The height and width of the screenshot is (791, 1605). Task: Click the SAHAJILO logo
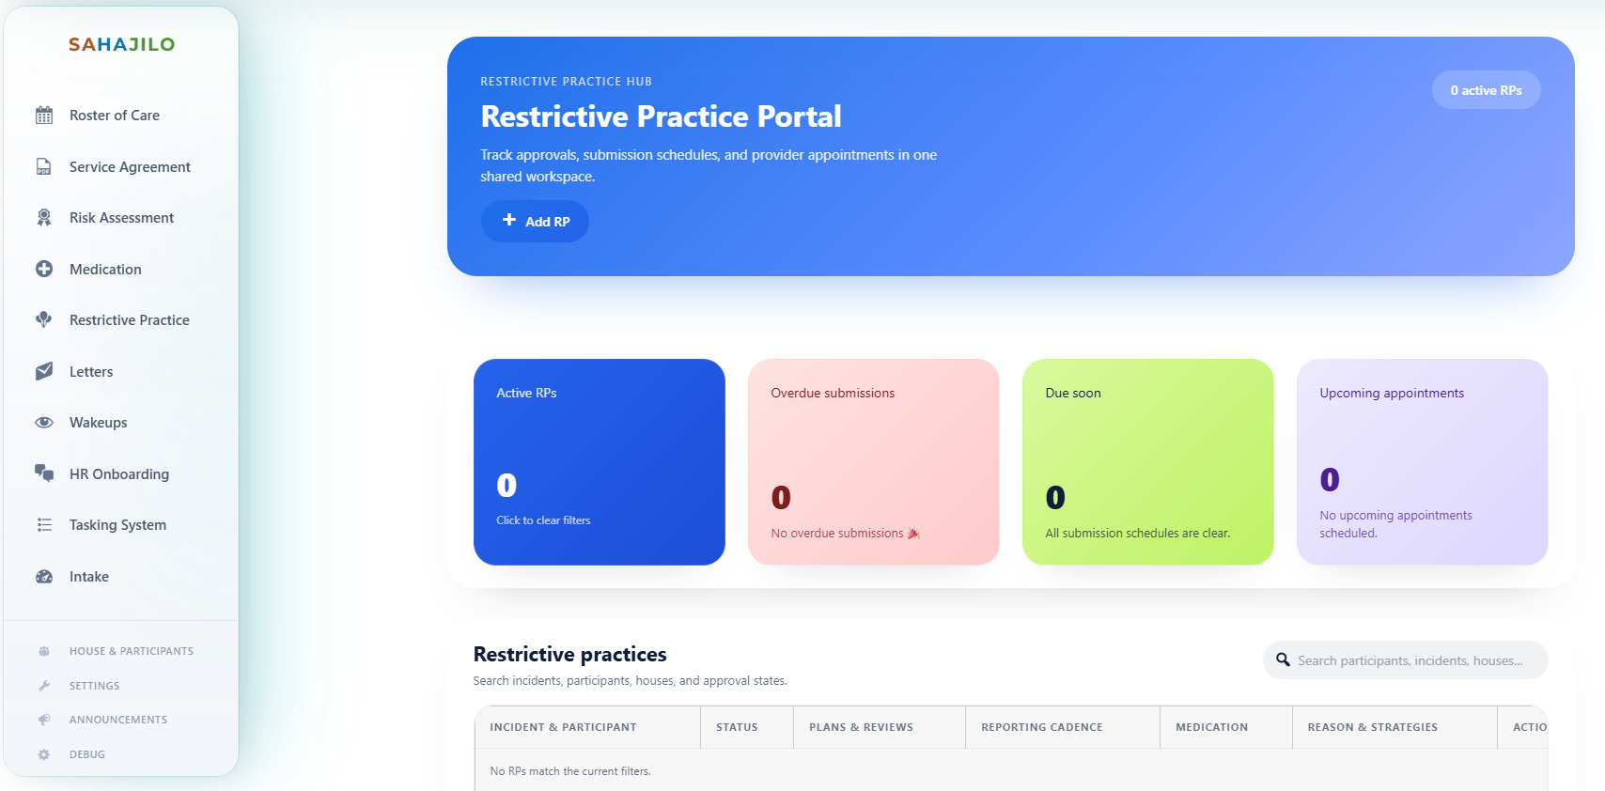[121, 44]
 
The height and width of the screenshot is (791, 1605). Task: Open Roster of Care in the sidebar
[114, 116]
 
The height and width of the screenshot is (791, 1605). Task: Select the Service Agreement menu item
[130, 167]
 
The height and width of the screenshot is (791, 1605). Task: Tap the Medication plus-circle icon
[44, 270]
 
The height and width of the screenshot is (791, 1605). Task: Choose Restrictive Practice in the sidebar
[129, 320]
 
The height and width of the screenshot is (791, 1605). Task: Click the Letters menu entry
[91, 372]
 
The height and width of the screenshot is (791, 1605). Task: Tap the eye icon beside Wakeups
[44, 423]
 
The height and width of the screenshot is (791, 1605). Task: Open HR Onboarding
[118, 474]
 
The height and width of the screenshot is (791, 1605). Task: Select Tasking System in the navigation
[117, 525]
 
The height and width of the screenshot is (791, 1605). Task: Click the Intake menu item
[89, 577]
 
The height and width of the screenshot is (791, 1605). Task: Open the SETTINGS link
[94, 686]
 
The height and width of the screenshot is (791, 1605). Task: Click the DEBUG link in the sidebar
[86, 754]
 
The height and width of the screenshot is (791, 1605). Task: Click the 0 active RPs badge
[1486, 90]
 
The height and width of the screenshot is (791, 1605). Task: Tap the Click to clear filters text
[543, 520]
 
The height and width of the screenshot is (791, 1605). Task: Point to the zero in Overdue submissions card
[781, 497]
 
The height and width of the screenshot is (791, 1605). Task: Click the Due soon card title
[1073, 394]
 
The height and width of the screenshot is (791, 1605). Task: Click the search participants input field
[1410, 660]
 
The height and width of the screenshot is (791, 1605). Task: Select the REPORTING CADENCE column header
[1041, 727]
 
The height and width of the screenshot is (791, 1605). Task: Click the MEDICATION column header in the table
[1211, 727]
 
